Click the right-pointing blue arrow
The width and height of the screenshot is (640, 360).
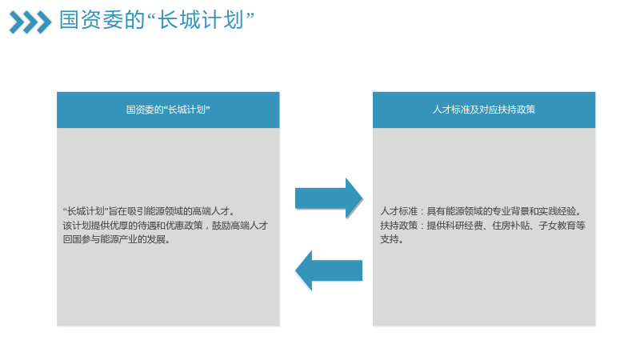pyautogui.click(x=329, y=198)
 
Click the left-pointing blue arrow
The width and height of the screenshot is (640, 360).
pyautogui.click(x=329, y=270)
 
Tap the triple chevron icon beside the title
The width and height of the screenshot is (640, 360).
pyautogui.click(x=30, y=22)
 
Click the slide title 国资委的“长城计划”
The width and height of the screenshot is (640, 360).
pyautogui.click(x=157, y=19)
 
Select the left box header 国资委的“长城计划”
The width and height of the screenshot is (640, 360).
pyautogui.click(x=168, y=110)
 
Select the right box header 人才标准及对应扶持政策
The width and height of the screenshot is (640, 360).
pyautogui.click(x=484, y=110)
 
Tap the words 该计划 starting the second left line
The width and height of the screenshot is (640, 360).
pyautogui.click(x=77, y=226)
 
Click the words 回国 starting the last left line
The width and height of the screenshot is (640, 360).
pyautogui.click(x=72, y=239)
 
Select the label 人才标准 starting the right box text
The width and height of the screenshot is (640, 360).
pyautogui.click(x=398, y=211)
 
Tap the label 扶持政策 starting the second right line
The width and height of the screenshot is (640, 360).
pyautogui.click(x=398, y=226)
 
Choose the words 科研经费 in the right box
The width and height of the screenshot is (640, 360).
pyautogui.click(x=464, y=226)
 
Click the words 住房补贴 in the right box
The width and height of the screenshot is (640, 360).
pyautogui.click(x=510, y=226)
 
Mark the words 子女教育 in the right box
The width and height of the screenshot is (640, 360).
pyautogui.click(x=557, y=226)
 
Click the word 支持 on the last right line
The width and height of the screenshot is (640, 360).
pyautogui.click(x=390, y=239)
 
